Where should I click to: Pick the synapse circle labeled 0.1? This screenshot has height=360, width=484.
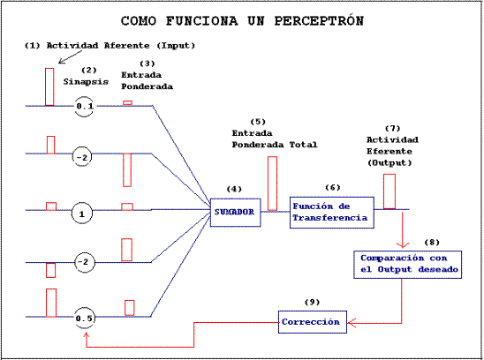(x=75, y=107)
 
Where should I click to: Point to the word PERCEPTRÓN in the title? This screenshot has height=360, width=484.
(x=319, y=21)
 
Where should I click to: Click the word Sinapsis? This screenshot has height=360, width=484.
(x=86, y=82)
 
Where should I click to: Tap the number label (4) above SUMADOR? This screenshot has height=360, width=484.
(x=234, y=189)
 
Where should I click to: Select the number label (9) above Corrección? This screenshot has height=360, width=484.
(x=312, y=302)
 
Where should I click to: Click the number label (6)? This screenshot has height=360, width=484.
(x=333, y=187)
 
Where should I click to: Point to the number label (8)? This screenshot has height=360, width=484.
(x=432, y=242)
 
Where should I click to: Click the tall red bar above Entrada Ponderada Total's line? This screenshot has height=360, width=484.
(x=272, y=184)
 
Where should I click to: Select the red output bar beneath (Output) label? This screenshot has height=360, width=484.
(x=389, y=191)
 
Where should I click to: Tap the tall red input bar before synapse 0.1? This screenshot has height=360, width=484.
(x=49, y=87)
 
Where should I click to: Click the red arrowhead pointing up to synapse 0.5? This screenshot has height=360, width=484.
(x=87, y=335)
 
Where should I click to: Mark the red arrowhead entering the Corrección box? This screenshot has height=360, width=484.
(x=351, y=323)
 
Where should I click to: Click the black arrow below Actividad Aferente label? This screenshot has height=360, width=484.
(x=71, y=57)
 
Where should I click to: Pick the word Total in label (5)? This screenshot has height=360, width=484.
(x=303, y=145)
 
